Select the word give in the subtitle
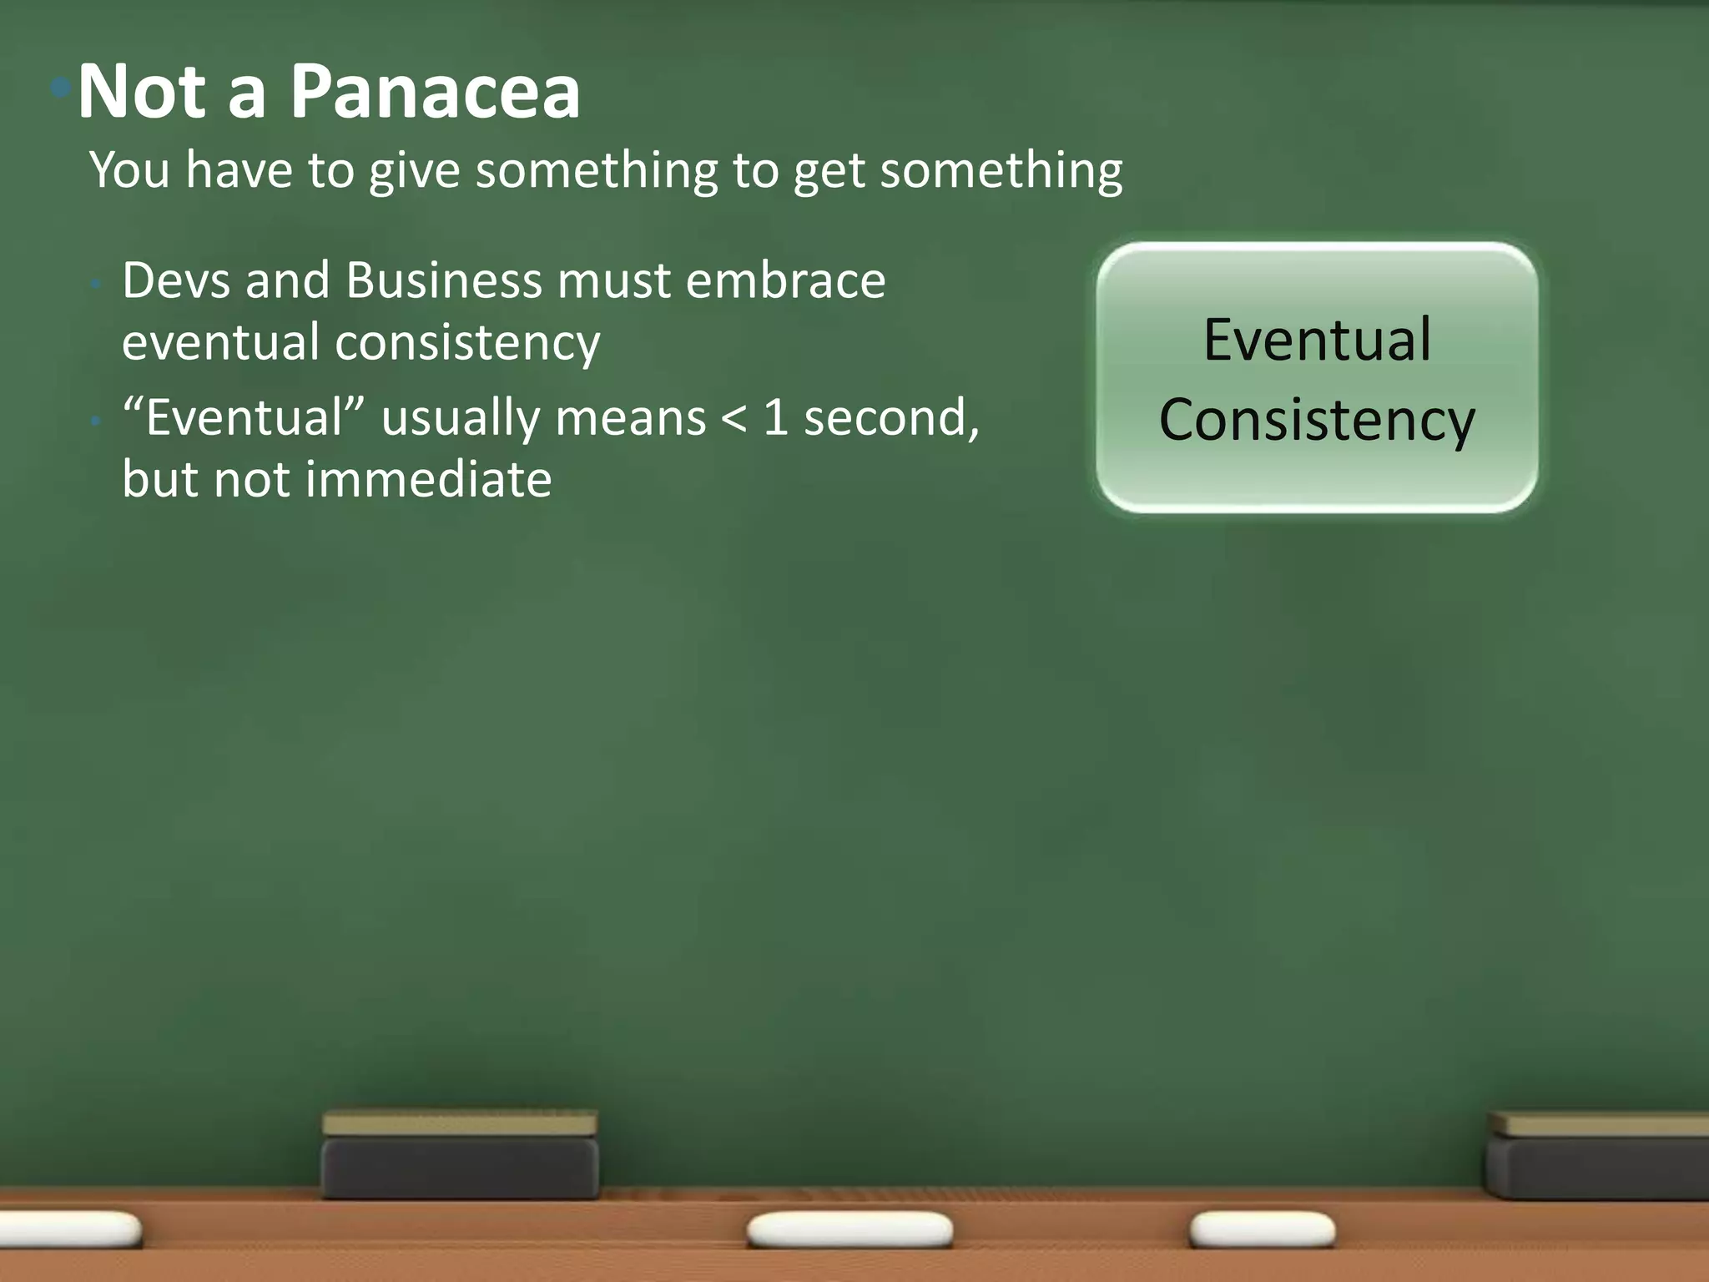tap(415, 171)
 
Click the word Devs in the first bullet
tap(176, 280)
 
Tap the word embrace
tap(785, 280)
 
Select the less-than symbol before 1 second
tap(734, 418)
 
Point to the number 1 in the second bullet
tap(775, 418)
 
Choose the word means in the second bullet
tap(631, 418)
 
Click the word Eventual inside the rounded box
tap(1317, 341)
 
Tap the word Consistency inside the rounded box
tap(1317, 420)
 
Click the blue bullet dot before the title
tap(60, 87)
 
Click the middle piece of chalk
tap(849, 1229)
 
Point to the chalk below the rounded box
tap(1262, 1229)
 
